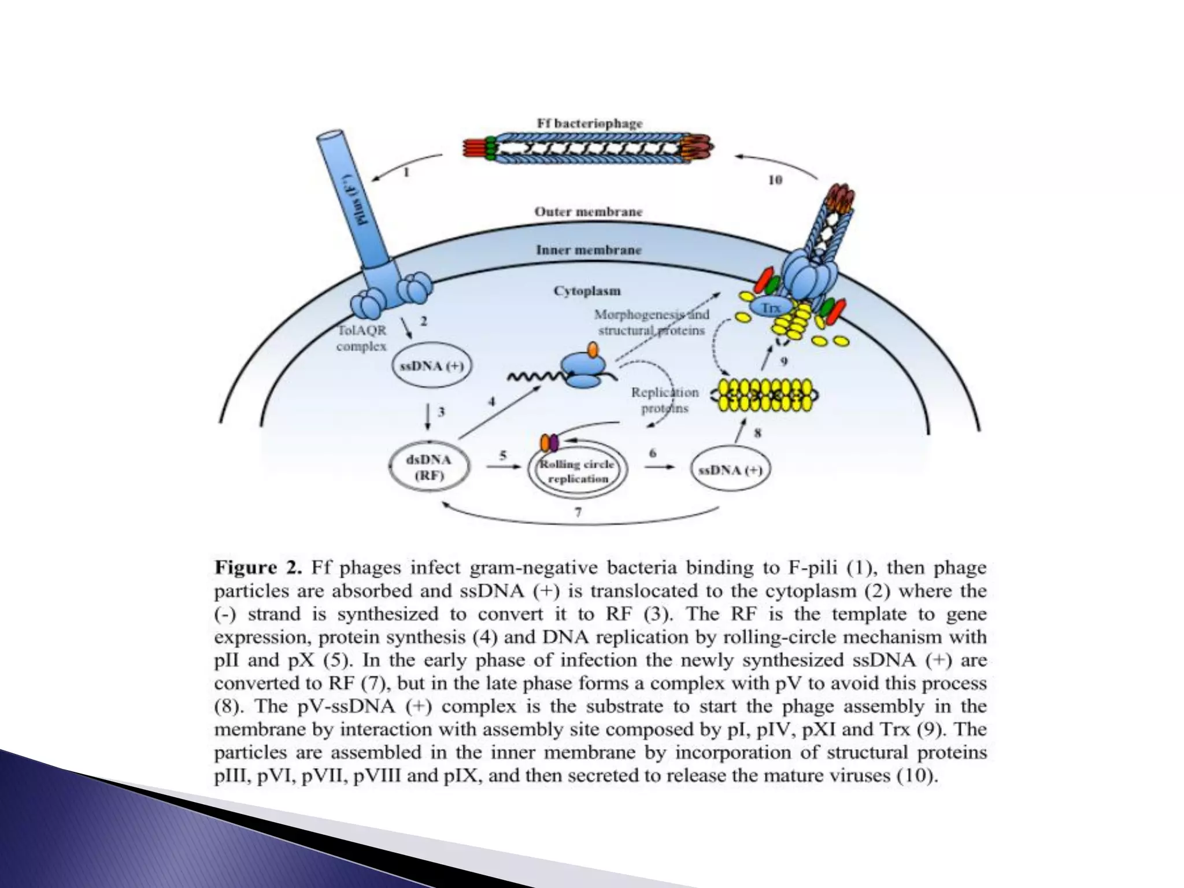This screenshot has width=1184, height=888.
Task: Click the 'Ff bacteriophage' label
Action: pyautogui.click(x=589, y=123)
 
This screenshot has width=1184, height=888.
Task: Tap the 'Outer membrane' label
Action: pyautogui.click(x=588, y=212)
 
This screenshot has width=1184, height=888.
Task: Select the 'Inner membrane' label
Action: pyautogui.click(x=588, y=250)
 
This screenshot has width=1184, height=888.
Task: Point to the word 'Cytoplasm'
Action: pyautogui.click(x=587, y=290)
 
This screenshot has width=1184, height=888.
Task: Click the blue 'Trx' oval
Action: pyautogui.click(x=770, y=307)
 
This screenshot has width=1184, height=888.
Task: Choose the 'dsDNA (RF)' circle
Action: pyautogui.click(x=429, y=468)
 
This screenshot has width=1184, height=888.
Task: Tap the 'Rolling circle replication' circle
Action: pyautogui.click(x=578, y=471)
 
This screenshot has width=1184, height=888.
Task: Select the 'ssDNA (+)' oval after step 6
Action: pyautogui.click(x=731, y=470)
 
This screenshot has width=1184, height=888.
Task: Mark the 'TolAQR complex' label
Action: pyautogui.click(x=362, y=338)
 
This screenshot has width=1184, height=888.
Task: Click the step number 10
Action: pyautogui.click(x=775, y=180)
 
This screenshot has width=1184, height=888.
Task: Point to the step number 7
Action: pyautogui.click(x=578, y=512)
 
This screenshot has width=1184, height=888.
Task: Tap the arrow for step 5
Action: pyautogui.click(x=503, y=466)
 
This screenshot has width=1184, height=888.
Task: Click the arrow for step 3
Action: pyautogui.click(x=428, y=417)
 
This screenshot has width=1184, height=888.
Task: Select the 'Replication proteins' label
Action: pyautogui.click(x=664, y=400)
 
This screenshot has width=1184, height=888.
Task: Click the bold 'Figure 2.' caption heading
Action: pyautogui.click(x=258, y=567)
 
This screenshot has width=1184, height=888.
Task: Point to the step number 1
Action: pyautogui.click(x=406, y=172)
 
